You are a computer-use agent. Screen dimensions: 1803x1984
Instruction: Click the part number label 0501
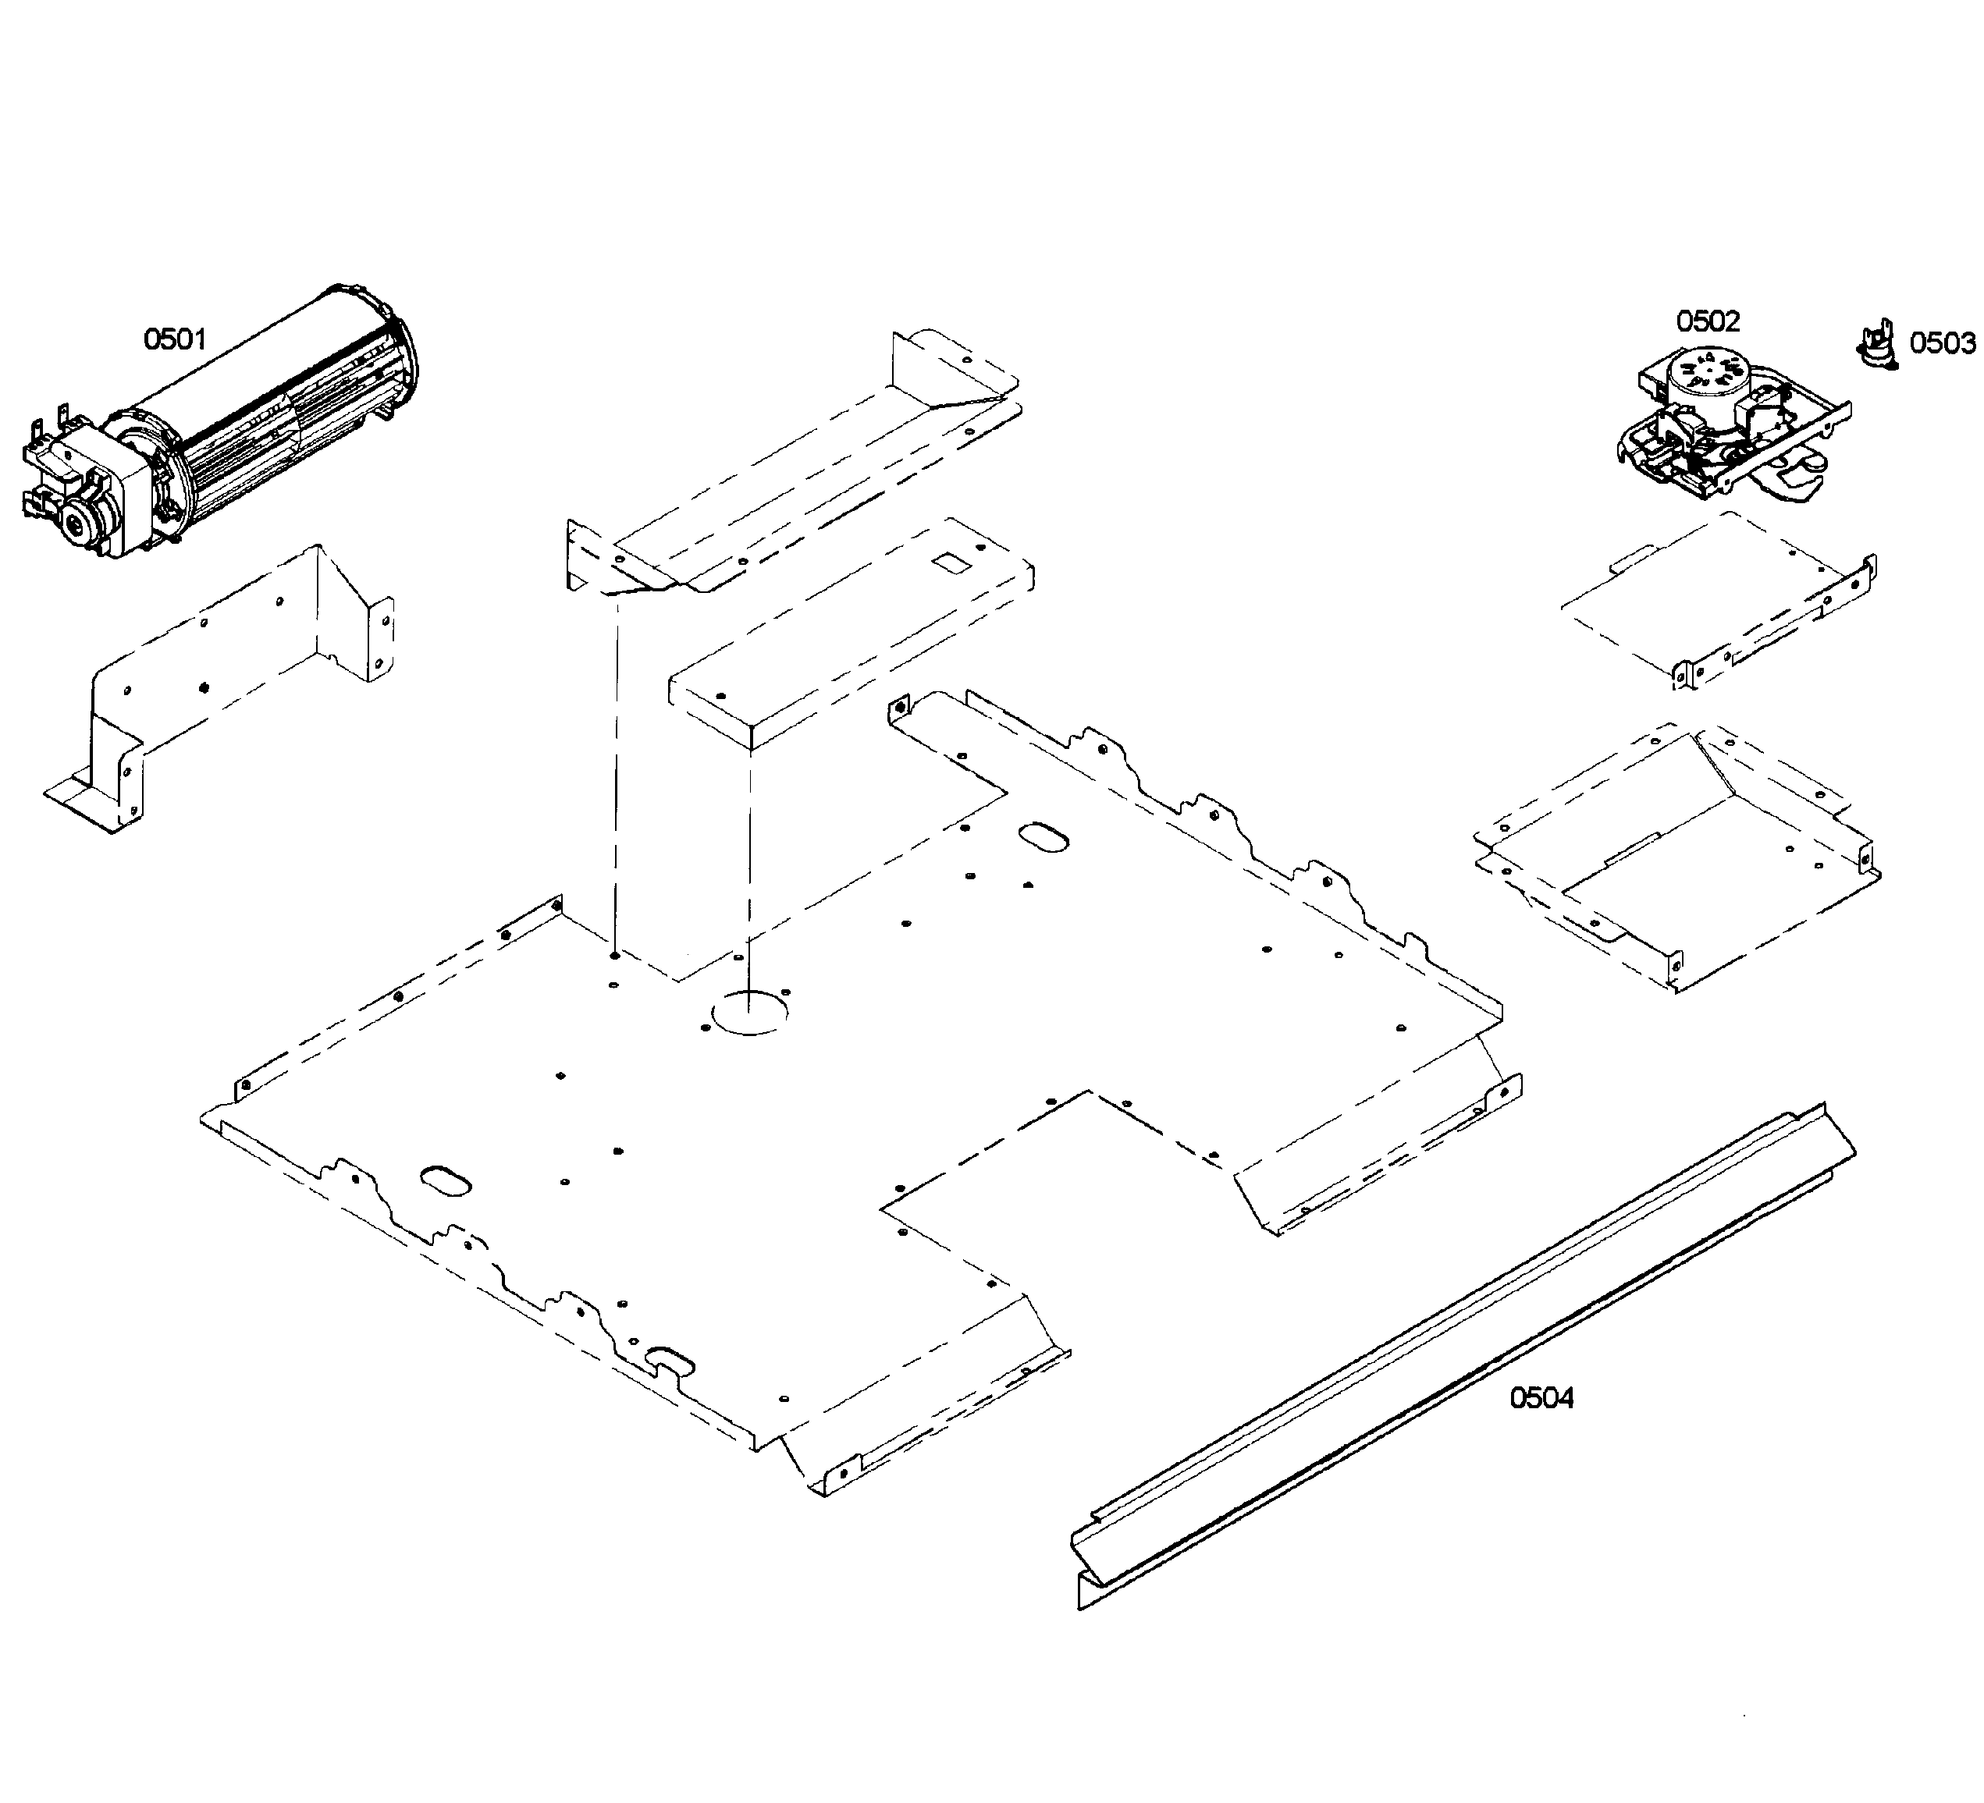(x=175, y=340)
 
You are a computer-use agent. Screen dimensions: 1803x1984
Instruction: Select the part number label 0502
(x=1708, y=321)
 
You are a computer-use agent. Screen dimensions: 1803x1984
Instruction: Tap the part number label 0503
(x=1942, y=343)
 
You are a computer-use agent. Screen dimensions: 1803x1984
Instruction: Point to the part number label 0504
(x=1542, y=1398)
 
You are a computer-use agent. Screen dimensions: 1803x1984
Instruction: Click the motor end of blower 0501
(x=84, y=492)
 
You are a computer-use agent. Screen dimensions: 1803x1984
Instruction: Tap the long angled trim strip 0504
(x=1456, y=1358)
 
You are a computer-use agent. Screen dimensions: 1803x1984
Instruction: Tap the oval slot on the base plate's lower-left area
(x=446, y=1181)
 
